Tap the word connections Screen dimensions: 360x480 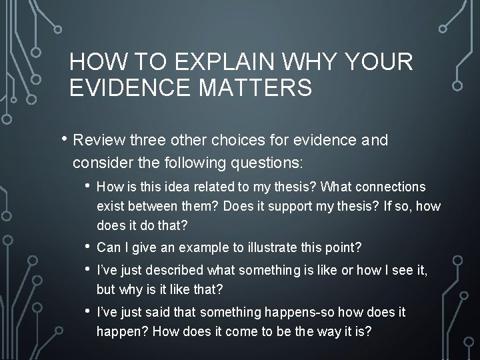pos(386,188)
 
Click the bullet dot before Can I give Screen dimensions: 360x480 pos(88,248)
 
